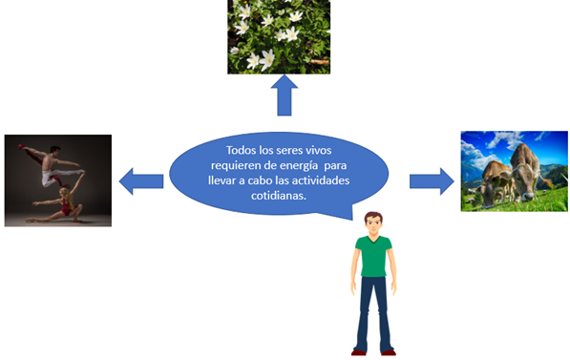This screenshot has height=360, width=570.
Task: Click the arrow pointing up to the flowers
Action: tap(285, 95)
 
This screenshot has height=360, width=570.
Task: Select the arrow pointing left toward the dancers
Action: tap(141, 181)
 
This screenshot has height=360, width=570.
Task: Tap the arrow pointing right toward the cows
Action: tap(432, 181)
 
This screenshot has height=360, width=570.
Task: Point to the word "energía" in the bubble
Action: tap(299, 166)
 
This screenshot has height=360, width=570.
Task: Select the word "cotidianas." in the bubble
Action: tap(279, 196)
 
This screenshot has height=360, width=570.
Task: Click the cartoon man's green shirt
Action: tap(373, 256)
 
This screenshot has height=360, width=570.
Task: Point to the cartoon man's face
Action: tap(373, 224)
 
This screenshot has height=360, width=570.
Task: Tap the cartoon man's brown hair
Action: tap(373, 216)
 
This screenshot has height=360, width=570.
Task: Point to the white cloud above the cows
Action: tap(504, 139)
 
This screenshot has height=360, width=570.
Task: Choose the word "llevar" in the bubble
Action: tap(222, 180)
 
